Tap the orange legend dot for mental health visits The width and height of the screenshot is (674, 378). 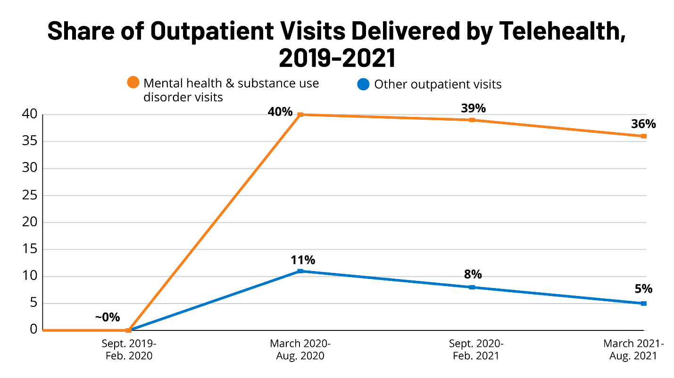[133, 82]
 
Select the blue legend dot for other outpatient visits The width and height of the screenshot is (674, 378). [363, 84]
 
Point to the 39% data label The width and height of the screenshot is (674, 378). [474, 108]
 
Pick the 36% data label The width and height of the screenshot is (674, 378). [643, 124]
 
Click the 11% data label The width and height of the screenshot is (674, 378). [303, 260]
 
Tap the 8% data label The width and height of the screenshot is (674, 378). [473, 275]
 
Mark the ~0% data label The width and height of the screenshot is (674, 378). [108, 317]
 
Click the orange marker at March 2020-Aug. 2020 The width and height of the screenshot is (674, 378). [300, 115]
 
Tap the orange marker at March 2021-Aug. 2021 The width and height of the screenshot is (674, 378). [644, 136]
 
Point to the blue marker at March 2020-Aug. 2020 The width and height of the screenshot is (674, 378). [300, 271]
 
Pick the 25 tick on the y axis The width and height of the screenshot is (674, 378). [30, 196]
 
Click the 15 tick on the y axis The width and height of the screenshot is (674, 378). [30, 249]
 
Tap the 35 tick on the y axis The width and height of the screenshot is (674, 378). [30, 141]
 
